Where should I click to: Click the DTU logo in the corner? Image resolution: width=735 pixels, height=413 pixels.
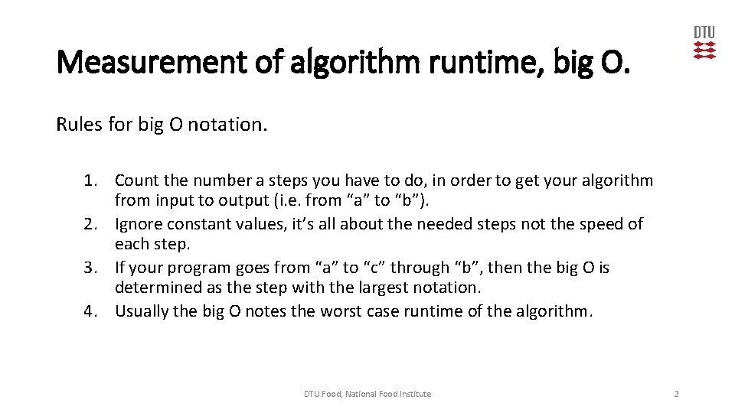pos(704,43)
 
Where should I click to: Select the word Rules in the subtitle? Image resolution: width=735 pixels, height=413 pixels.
pos(80,124)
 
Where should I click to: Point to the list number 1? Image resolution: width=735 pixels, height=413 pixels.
pos(93,180)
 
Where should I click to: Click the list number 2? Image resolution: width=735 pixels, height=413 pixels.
pos(93,224)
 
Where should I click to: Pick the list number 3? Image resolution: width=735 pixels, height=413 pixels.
pos(93,268)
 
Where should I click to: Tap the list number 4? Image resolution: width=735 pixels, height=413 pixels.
pos(93,311)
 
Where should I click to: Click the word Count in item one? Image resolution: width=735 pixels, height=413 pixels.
pos(136,180)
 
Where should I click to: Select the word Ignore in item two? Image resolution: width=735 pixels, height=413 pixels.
pos(139,224)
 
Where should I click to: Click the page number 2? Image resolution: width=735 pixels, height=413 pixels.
pos(676,394)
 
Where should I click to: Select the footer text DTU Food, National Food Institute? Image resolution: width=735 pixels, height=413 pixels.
pos(367,394)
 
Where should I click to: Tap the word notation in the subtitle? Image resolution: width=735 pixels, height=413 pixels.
pos(228,124)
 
